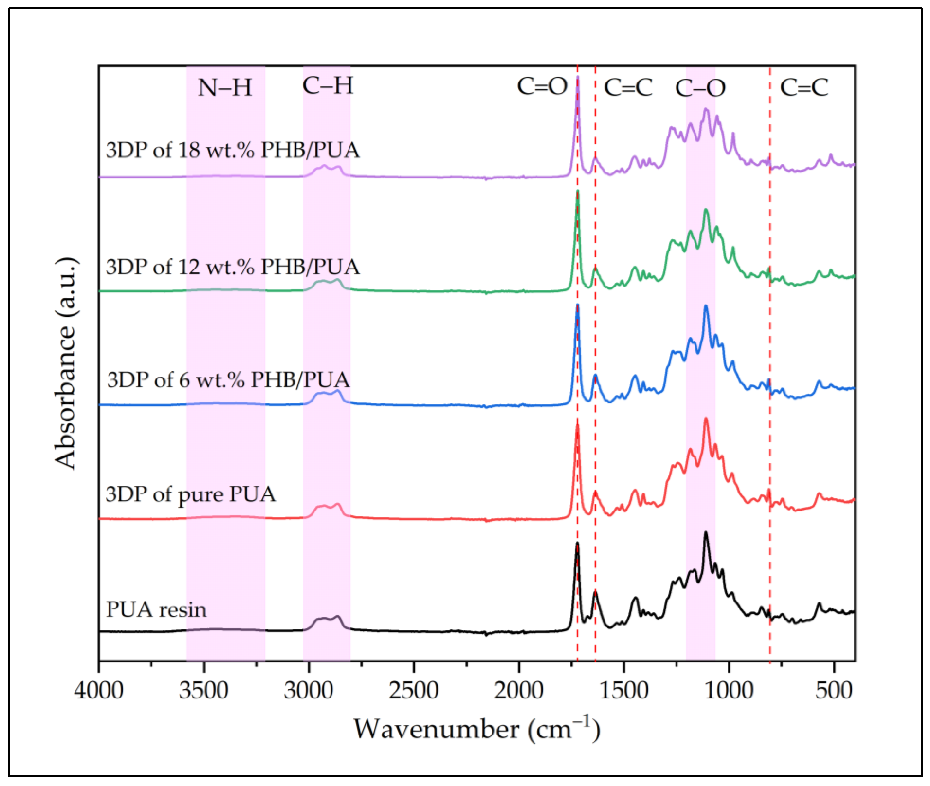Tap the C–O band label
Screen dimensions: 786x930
pyautogui.click(x=700, y=88)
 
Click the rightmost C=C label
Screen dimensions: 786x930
pyautogui.click(x=804, y=87)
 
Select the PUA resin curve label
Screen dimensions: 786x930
pyautogui.click(x=156, y=609)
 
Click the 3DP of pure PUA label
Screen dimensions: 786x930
pyautogui.click(x=191, y=494)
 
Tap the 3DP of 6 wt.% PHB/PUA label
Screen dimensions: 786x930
pyautogui.click(x=228, y=380)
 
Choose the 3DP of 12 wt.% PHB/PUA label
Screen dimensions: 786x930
pyautogui.click(x=232, y=267)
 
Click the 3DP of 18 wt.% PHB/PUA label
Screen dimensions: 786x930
pyautogui.click(x=232, y=150)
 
